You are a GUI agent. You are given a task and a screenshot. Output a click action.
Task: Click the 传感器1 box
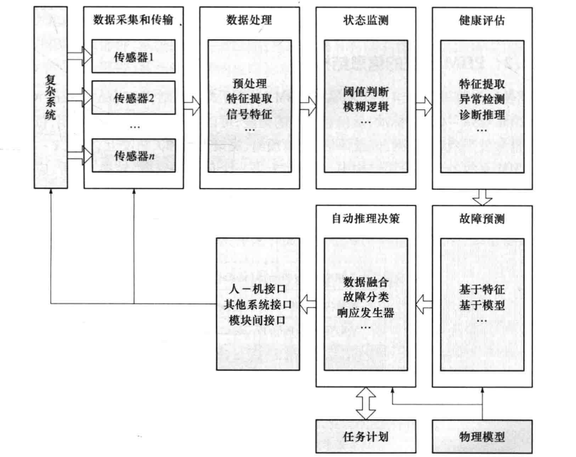(x=134, y=56)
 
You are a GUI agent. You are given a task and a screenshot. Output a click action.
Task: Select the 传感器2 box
(x=134, y=98)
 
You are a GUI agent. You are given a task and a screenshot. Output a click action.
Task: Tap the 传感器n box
(x=134, y=156)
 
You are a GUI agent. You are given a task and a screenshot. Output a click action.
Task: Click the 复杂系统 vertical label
(x=50, y=97)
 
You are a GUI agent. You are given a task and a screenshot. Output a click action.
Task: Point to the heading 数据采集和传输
(x=133, y=19)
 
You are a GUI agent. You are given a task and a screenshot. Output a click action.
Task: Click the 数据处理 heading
(x=249, y=20)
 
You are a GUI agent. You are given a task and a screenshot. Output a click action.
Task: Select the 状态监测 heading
(x=366, y=20)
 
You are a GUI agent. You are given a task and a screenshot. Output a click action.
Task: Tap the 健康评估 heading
(x=482, y=20)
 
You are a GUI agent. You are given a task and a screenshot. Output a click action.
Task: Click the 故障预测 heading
(x=482, y=219)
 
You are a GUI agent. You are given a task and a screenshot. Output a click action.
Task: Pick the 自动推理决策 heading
(x=366, y=218)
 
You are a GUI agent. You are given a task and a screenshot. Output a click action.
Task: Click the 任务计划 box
(x=366, y=436)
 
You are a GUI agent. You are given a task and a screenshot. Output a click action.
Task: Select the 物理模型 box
(x=482, y=436)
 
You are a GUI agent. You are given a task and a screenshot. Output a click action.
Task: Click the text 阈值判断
(x=366, y=92)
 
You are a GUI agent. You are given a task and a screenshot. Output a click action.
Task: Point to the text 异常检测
(x=482, y=100)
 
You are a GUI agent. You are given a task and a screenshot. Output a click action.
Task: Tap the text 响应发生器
(x=366, y=313)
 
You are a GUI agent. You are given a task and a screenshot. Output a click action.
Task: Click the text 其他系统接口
(x=258, y=304)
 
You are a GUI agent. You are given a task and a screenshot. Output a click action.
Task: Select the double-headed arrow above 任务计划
(x=366, y=403)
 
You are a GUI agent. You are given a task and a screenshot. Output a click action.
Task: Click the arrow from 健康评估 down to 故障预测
(x=482, y=198)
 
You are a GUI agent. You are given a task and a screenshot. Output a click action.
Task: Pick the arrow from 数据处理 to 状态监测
(x=308, y=106)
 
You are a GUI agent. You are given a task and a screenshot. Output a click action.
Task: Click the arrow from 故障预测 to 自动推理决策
(x=424, y=304)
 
